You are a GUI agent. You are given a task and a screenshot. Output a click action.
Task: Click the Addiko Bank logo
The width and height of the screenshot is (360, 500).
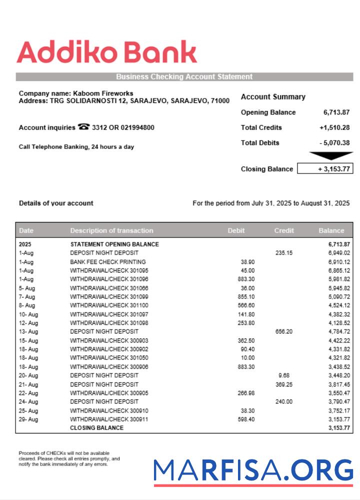pos(106,52)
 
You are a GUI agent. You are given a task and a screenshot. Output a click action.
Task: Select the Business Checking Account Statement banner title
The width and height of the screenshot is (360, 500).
pos(184,77)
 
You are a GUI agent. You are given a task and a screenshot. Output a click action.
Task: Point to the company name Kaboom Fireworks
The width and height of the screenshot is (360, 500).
pos(103,93)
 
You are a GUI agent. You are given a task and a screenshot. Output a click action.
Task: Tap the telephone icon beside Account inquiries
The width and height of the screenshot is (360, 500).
pos(83,127)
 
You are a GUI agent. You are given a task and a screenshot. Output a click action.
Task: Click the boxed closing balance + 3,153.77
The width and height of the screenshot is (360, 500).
pos(325,169)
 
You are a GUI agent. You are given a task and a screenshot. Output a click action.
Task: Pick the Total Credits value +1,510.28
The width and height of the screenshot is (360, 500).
pos(334,127)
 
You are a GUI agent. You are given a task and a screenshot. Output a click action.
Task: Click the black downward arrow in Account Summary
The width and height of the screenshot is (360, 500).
pos(330,156)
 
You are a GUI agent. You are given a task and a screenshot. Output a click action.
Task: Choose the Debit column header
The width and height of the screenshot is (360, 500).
pos(236,230)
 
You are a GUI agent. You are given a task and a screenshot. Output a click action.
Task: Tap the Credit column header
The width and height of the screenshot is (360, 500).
pos(283,230)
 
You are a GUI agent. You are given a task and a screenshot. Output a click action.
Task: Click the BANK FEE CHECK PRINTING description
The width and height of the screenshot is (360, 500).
pos(108,262)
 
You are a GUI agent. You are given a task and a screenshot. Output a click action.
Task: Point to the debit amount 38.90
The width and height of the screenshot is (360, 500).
pos(247,262)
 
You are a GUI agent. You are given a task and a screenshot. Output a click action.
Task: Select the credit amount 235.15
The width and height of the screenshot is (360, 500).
pos(283,253)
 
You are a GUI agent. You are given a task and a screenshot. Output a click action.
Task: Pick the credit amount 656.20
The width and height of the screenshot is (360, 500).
pos(283,331)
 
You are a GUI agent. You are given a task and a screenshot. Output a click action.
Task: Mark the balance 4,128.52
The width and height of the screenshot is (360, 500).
pos(339,323)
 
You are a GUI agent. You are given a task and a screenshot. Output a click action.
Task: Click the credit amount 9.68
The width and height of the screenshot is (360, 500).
pos(283,375)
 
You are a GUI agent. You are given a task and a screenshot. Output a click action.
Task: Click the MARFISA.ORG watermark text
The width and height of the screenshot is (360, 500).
pos(253,470)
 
